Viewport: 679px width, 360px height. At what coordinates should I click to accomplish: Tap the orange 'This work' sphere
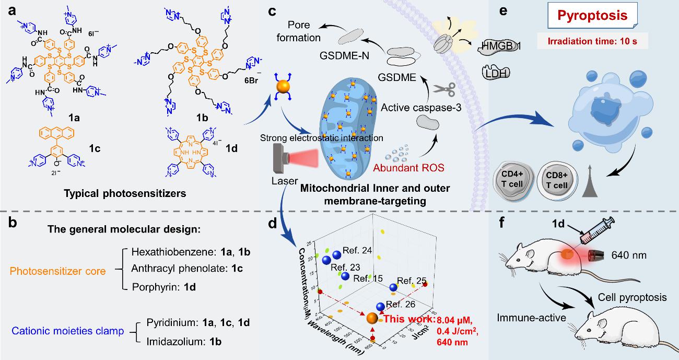[372, 319]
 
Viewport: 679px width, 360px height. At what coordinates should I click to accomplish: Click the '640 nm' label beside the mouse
[628, 256]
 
